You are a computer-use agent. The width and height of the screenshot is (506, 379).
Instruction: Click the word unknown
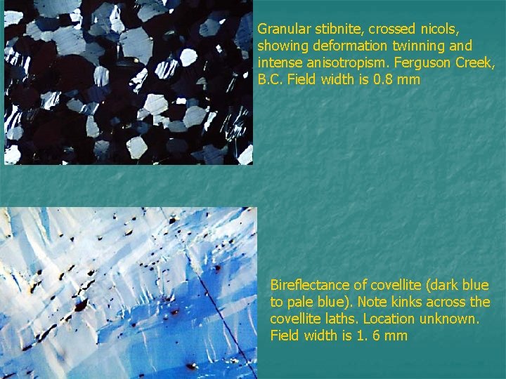(x=450, y=319)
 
